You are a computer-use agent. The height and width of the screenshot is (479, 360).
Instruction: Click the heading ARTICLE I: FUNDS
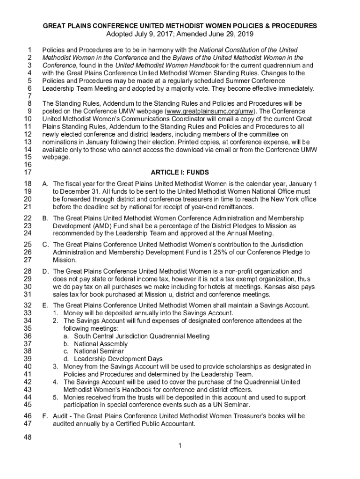click(180, 173)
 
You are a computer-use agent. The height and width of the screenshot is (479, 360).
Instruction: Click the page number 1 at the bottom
click(180, 445)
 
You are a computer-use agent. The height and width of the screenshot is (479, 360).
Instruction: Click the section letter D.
click(45, 271)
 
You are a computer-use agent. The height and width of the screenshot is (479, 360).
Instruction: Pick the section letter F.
click(45, 416)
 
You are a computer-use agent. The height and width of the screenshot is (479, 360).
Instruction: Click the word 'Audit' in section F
click(61, 416)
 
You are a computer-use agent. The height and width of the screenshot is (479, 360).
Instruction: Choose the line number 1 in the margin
click(29, 50)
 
